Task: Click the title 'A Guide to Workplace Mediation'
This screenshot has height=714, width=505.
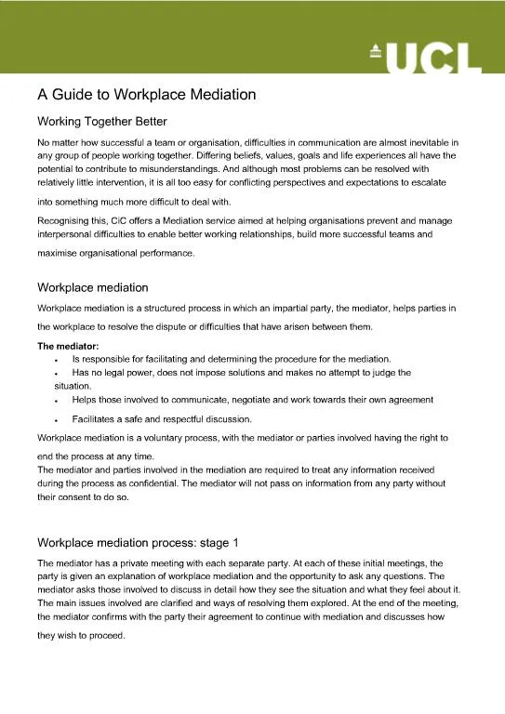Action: [146, 94]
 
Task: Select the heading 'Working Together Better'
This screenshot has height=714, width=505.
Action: [101, 121]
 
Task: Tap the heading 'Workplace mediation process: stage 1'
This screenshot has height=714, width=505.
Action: [138, 541]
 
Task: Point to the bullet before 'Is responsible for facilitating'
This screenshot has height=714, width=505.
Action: [58, 360]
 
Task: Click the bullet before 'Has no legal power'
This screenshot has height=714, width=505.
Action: [58, 373]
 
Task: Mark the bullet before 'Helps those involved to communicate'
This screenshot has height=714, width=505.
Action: [58, 400]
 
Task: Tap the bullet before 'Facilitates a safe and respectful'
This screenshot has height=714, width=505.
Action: [58, 420]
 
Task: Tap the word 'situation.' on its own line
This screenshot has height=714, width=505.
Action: [73, 386]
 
